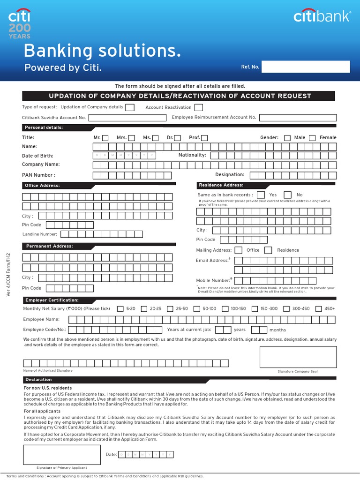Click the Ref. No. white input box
(x=306, y=67)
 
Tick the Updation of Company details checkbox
(x=130, y=107)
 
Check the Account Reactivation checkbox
(x=199, y=107)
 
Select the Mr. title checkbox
(x=105, y=138)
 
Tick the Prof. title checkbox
(x=204, y=138)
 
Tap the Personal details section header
(x=44, y=127)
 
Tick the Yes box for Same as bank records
(x=261, y=195)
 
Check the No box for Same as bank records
(x=288, y=195)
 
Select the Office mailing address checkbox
(x=239, y=250)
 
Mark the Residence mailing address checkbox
(x=268, y=250)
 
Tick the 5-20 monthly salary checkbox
(x=120, y=309)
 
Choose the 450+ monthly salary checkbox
(x=319, y=309)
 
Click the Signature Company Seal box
(x=298, y=357)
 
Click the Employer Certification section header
(x=52, y=300)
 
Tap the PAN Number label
(x=38, y=175)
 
